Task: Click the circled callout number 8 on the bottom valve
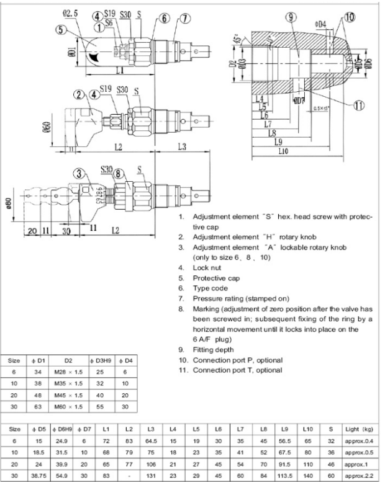[x=118, y=175]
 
